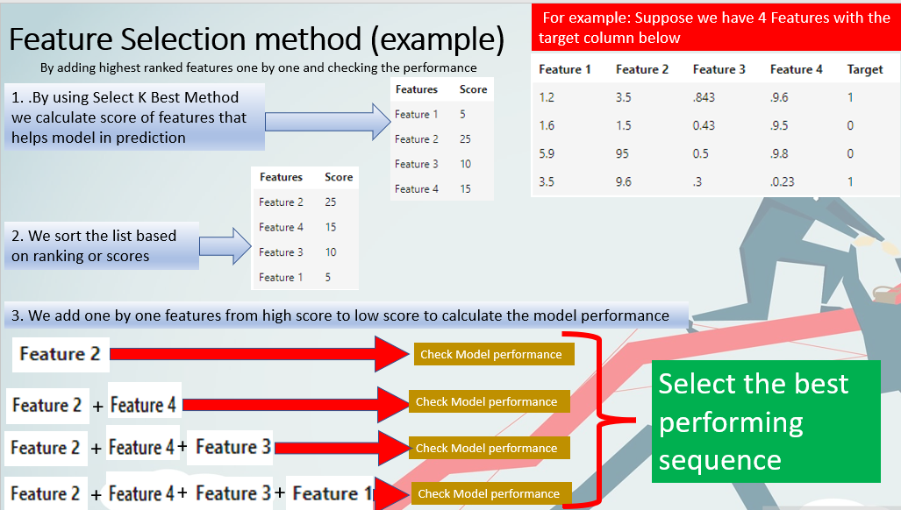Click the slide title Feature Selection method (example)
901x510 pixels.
(256, 39)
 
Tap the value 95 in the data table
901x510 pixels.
(624, 153)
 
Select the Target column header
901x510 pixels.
(864, 69)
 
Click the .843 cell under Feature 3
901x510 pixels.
(704, 97)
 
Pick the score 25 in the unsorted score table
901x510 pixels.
(466, 139)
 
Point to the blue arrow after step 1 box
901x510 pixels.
(327, 121)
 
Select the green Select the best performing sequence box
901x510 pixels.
(766, 421)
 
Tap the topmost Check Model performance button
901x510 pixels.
(490, 354)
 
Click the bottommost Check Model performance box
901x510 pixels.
(488, 493)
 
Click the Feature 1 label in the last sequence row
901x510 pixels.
(329, 493)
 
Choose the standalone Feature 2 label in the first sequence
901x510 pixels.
(61, 354)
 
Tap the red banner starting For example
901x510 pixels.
(714, 27)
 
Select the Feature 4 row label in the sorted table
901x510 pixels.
(281, 227)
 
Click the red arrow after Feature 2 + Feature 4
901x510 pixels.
(294, 403)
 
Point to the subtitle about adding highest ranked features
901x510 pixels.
(258, 67)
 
